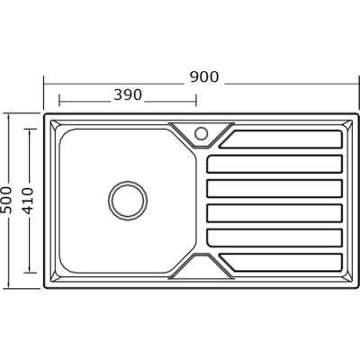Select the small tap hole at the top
tap(200, 133)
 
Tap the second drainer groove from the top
tap(274, 164)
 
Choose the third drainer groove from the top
tap(274, 188)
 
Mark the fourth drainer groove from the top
tap(274, 212)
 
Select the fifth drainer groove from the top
tap(274, 236)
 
